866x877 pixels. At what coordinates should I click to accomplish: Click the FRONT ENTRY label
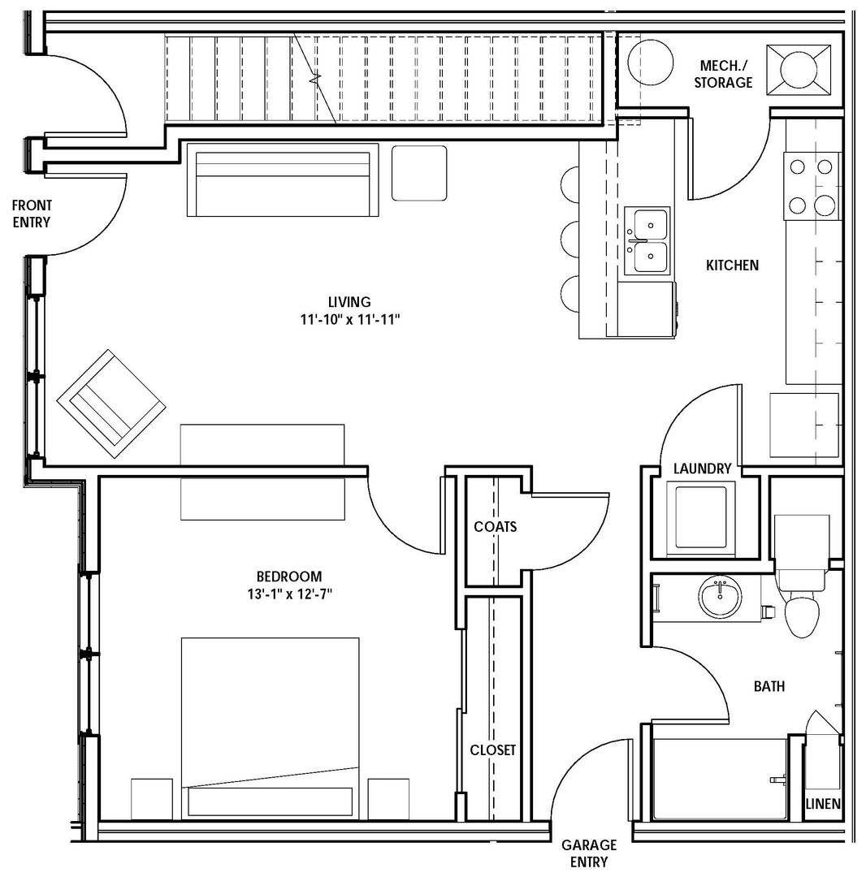coord(32,214)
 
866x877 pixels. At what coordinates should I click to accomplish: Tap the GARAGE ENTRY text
coord(589,853)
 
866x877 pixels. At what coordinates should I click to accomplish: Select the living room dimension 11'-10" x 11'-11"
coord(350,320)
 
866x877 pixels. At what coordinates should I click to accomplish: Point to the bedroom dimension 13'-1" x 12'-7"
coord(290,594)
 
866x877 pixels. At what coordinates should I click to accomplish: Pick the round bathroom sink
coord(720,598)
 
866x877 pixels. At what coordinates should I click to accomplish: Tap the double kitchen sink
coord(647,240)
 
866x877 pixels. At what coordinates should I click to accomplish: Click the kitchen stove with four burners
coord(812,186)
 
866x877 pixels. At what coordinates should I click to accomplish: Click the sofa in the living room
coord(283,179)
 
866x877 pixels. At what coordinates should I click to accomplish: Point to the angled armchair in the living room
coord(112,404)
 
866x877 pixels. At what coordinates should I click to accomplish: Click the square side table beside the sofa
coord(419,173)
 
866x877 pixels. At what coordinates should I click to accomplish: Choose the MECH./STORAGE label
coord(723,75)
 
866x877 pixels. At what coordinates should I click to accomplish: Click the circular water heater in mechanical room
coord(651,62)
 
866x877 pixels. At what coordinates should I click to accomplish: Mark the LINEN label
coord(823,804)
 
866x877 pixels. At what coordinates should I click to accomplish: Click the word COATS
coord(495,526)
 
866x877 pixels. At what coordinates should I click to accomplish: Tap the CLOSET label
coord(493,750)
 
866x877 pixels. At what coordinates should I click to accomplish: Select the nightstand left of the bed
coord(152,799)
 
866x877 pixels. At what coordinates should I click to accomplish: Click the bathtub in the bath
coord(721,779)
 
